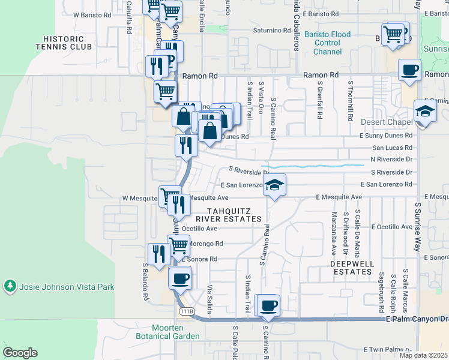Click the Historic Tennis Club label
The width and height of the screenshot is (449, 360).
point(64,42)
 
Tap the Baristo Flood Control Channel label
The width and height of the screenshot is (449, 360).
point(327,43)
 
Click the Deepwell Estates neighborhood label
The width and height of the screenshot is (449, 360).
point(352,268)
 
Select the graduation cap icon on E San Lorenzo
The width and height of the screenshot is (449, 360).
point(275,185)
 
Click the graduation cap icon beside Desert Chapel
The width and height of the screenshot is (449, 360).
point(425,112)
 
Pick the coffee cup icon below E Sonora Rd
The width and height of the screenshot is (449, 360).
point(181,278)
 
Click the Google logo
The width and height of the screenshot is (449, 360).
point(20,353)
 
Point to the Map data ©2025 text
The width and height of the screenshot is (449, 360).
point(423,355)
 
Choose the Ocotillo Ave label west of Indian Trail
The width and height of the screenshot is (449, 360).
point(199,229)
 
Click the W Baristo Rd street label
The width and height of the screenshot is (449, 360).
point(92,14)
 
